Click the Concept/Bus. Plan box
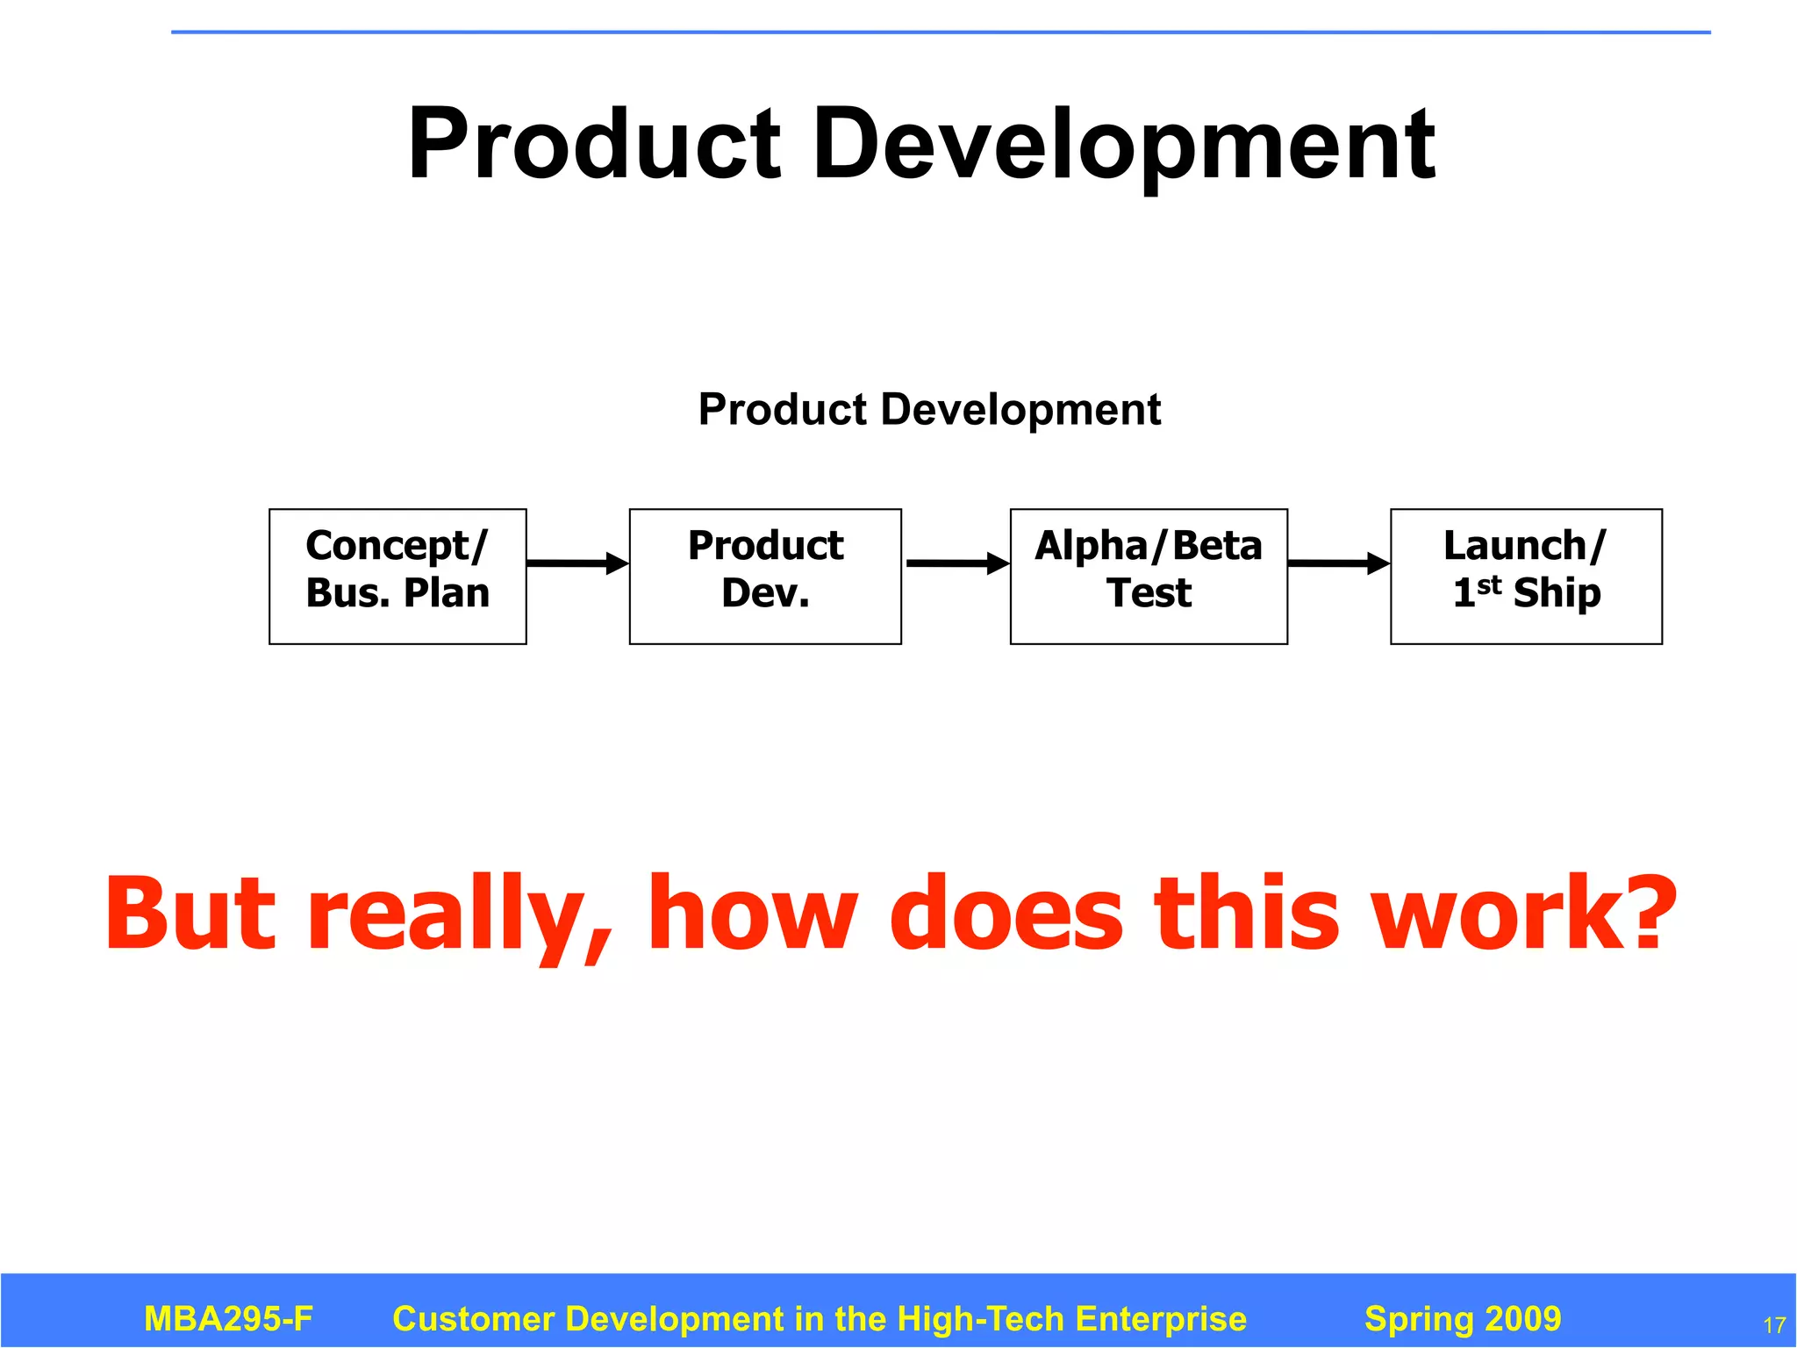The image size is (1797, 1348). coord(397,577)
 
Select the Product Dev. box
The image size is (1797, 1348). coord(765,577)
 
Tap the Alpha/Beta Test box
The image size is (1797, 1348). coord(1149,577)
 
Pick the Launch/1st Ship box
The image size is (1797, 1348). coord(1526,577)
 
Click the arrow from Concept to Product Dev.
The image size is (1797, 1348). coord(578,563)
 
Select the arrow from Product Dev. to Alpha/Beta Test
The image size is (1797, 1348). coord(956,563)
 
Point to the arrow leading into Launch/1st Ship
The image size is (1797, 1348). coord(1339,563)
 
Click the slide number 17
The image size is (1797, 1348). coord(1774,1325)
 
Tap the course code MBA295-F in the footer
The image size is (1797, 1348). coord(228,1319)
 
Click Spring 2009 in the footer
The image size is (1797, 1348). coord(1463,1319)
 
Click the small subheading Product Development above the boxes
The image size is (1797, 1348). coord(929,410)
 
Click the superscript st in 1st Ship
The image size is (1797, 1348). coord(1489,584)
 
